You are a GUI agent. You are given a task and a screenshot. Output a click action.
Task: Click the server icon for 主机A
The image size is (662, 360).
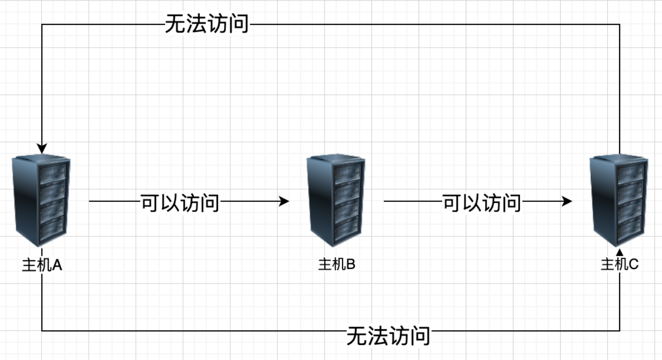(x=41, y=200)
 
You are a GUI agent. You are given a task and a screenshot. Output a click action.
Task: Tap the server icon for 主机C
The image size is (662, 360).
(x=619, y=201)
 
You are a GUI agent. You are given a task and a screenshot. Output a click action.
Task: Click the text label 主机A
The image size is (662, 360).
(x=42, y=265)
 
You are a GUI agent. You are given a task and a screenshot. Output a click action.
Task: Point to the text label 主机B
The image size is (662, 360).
(x=336, y=264)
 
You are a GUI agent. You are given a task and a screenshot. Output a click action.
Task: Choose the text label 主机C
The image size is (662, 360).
(x=619, y=264)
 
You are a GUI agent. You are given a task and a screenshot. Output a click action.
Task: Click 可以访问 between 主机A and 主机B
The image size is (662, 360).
(x=180, y=203)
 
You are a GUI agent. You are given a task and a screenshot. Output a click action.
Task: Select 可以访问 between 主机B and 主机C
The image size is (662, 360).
(x=482, y=203)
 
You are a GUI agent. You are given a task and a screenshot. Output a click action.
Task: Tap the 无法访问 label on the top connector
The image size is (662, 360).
(x=207, y=24)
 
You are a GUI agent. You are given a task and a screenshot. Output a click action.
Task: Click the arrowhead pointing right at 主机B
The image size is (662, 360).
(x=284, y=201)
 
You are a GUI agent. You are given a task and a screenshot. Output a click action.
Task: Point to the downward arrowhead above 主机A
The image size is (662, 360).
(x=42, y=149)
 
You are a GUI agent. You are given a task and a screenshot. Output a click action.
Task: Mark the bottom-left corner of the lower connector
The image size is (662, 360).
(x=42, y=331)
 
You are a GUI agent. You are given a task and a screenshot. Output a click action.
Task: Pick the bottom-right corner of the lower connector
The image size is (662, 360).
(x=620, y=331)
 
